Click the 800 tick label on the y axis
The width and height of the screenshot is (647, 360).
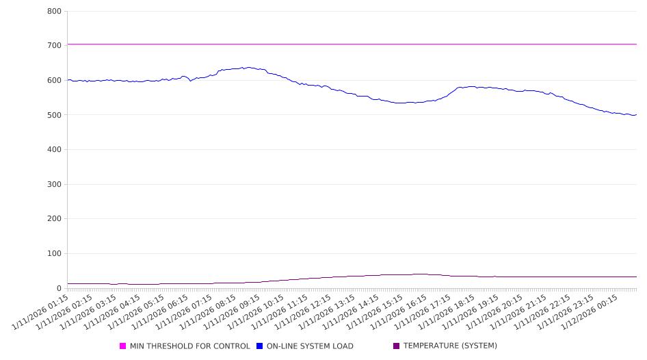54,12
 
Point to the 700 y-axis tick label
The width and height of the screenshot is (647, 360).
54,46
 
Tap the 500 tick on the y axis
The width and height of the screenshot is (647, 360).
54,115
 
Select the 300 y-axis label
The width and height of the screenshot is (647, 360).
54,185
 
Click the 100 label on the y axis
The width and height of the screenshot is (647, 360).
54,254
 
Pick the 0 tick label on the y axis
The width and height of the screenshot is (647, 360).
59,289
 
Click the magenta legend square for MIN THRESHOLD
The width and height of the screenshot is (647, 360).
123,346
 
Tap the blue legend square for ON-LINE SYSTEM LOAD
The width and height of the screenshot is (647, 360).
260,346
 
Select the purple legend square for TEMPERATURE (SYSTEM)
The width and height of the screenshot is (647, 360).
397,346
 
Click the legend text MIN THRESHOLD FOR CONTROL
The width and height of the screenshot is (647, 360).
190,346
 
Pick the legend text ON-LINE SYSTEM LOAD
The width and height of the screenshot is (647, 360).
310,346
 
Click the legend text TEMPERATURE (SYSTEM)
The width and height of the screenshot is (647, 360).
450,346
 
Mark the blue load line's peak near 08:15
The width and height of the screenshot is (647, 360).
248,67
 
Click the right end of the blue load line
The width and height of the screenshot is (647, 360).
636,114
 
